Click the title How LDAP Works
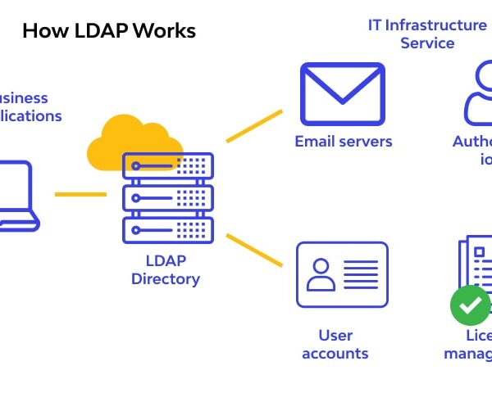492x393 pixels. tap(108, 31)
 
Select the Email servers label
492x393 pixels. tap(343, 142)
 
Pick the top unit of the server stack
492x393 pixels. tap(167, 165)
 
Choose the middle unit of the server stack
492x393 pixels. tap(167, 196)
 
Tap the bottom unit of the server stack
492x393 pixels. tap(167, 228)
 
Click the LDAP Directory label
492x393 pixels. tap(166, 270)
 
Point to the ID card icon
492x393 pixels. tap(342, 274)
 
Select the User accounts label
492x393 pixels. tap(335, 345)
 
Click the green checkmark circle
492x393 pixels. tap(470, 305)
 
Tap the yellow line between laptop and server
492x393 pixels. tap(80, 194)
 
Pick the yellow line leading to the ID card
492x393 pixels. tap(253, 251)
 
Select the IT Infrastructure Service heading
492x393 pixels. tap(427, 34)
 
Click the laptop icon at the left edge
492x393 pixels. tap(16, 196)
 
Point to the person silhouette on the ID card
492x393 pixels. tap(320, 274)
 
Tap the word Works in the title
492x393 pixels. tap(163, 31)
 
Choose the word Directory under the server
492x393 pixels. tap(166, 279)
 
